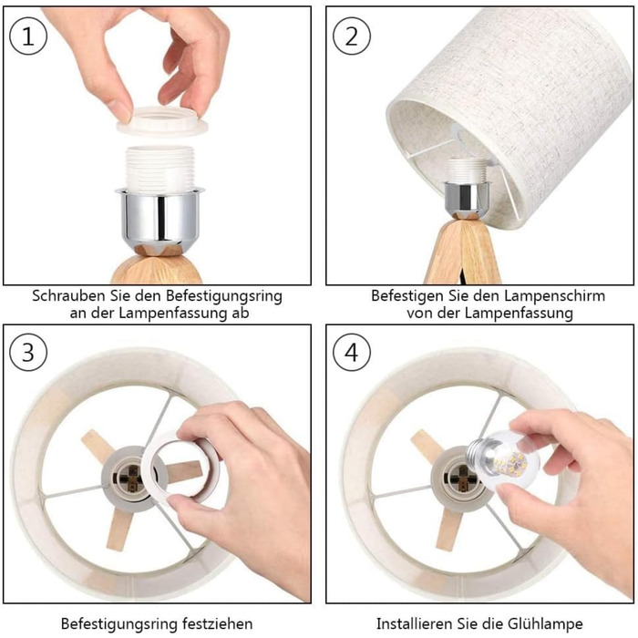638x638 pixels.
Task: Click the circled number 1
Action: [28, 36]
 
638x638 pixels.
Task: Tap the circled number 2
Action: [352, 36]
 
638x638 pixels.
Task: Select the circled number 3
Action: [28, 352]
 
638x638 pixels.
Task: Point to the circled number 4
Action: [352, 352]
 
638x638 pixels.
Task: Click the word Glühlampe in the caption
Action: [545, 623]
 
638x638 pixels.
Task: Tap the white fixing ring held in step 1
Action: [161, 120]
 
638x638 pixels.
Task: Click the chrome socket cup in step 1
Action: [159, 220]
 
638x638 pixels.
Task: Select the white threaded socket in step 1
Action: [159, 169]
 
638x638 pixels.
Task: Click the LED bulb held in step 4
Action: [494, 460]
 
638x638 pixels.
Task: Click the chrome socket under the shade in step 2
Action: [465, 200]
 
